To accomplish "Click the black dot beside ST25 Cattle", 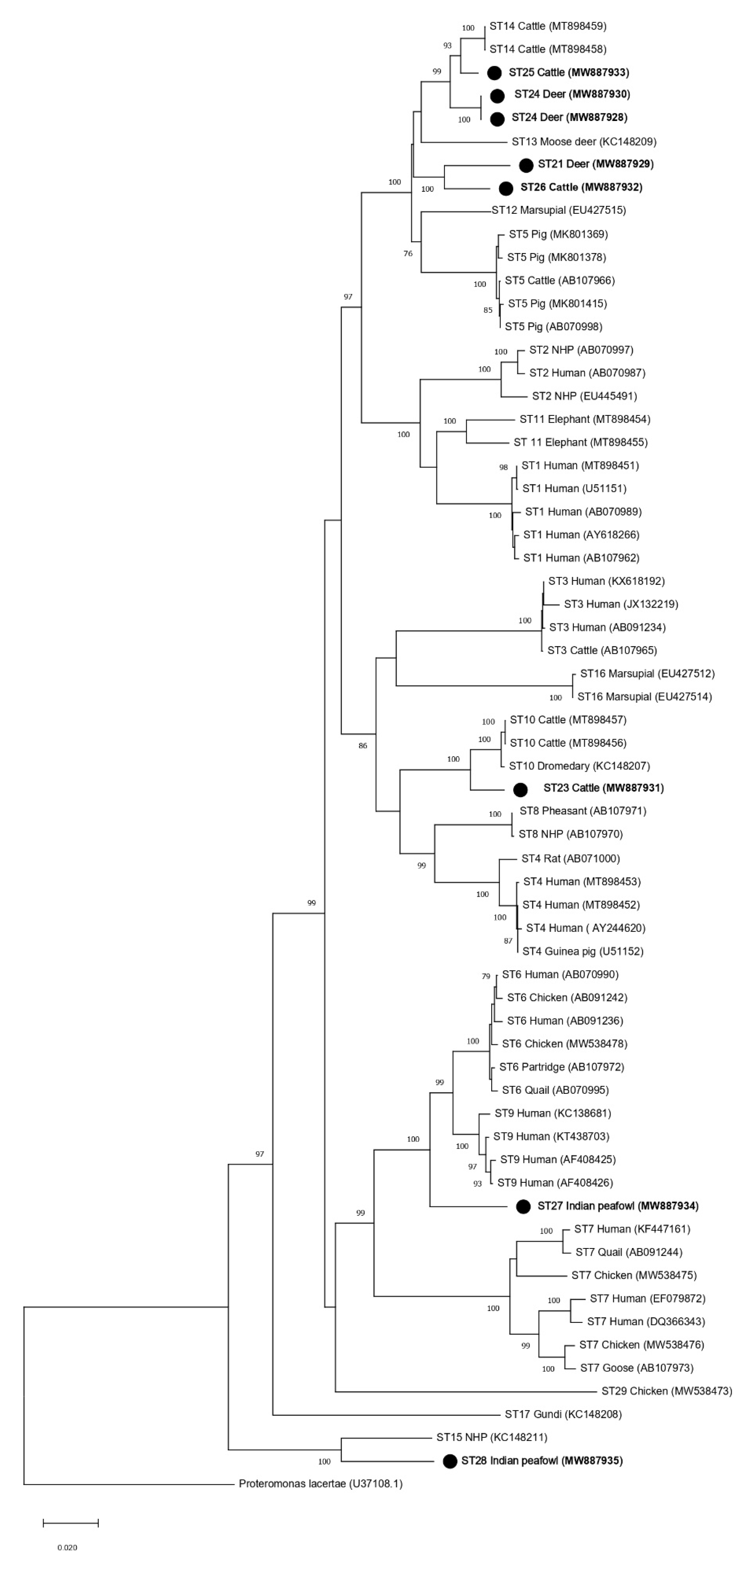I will (x=494, y=73).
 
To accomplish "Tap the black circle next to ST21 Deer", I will (x=526, y=165).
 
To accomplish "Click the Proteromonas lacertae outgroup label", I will (x=320, y=1484).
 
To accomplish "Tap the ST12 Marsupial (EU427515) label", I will (x=559, y=210).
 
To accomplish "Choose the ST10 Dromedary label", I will (x=579, y=766).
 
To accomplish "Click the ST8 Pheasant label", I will (x=582, y=811).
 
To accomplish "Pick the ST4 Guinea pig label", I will (x=582, y=951).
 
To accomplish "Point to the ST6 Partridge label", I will (x=561, y=1067).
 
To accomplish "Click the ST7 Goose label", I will (x=636, y=1368).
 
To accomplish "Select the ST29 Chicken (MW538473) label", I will (x=666, y=1391).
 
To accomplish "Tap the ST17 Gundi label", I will (x=563, y=1414).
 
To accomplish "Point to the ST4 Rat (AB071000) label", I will (x=570, y=858).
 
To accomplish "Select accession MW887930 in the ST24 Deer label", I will (x=599, y=94).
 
